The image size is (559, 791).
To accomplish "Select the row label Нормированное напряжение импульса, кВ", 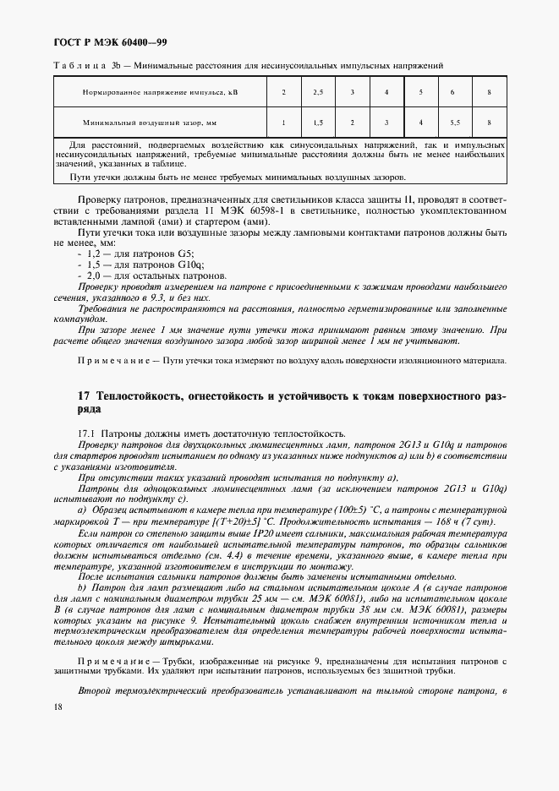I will (x=156, y=92).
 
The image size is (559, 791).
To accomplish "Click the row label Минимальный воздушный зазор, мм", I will (x=150, y=123).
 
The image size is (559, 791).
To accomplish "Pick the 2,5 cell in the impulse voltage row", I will (x=318, y=92).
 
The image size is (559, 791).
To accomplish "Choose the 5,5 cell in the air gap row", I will (x=454, y=123).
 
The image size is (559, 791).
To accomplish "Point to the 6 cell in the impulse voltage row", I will (x=452, y=92).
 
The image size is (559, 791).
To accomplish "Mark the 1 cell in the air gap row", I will (x=283, y=123).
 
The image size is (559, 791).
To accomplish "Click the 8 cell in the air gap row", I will (x=489, y=123).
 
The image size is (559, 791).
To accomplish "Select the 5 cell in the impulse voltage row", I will (x=420, y=92).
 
